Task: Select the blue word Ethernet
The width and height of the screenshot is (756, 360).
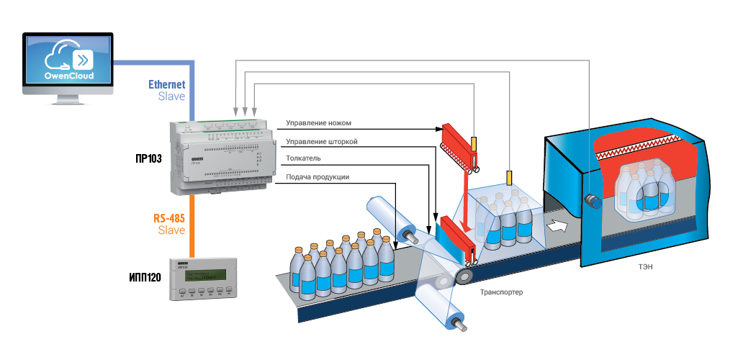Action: (167, 84)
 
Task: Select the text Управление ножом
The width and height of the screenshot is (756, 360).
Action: (318, 123)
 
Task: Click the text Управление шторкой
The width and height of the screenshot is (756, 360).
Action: (322, 142)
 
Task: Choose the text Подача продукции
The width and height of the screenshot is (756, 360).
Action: (318, 177)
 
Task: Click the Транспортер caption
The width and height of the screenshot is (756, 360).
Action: (501, 292)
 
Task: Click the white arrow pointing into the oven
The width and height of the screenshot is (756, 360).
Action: (557, 225)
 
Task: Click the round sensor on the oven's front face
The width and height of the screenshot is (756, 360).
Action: (593, 199)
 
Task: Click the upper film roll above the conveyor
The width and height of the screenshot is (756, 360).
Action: (393, 219)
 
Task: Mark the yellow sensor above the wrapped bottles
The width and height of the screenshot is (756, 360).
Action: (510, 176)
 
